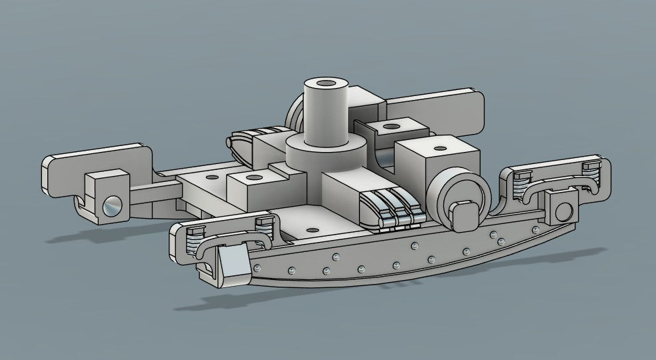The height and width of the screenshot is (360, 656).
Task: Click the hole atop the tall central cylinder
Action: coord(327,84)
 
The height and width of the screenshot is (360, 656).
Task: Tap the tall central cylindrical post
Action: coord(327,110)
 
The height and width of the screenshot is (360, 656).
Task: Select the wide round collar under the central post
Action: coord(325,152)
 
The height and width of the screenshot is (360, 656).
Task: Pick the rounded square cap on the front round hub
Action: coord(465,215)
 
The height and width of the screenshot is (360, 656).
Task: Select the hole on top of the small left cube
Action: coord(254,178)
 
